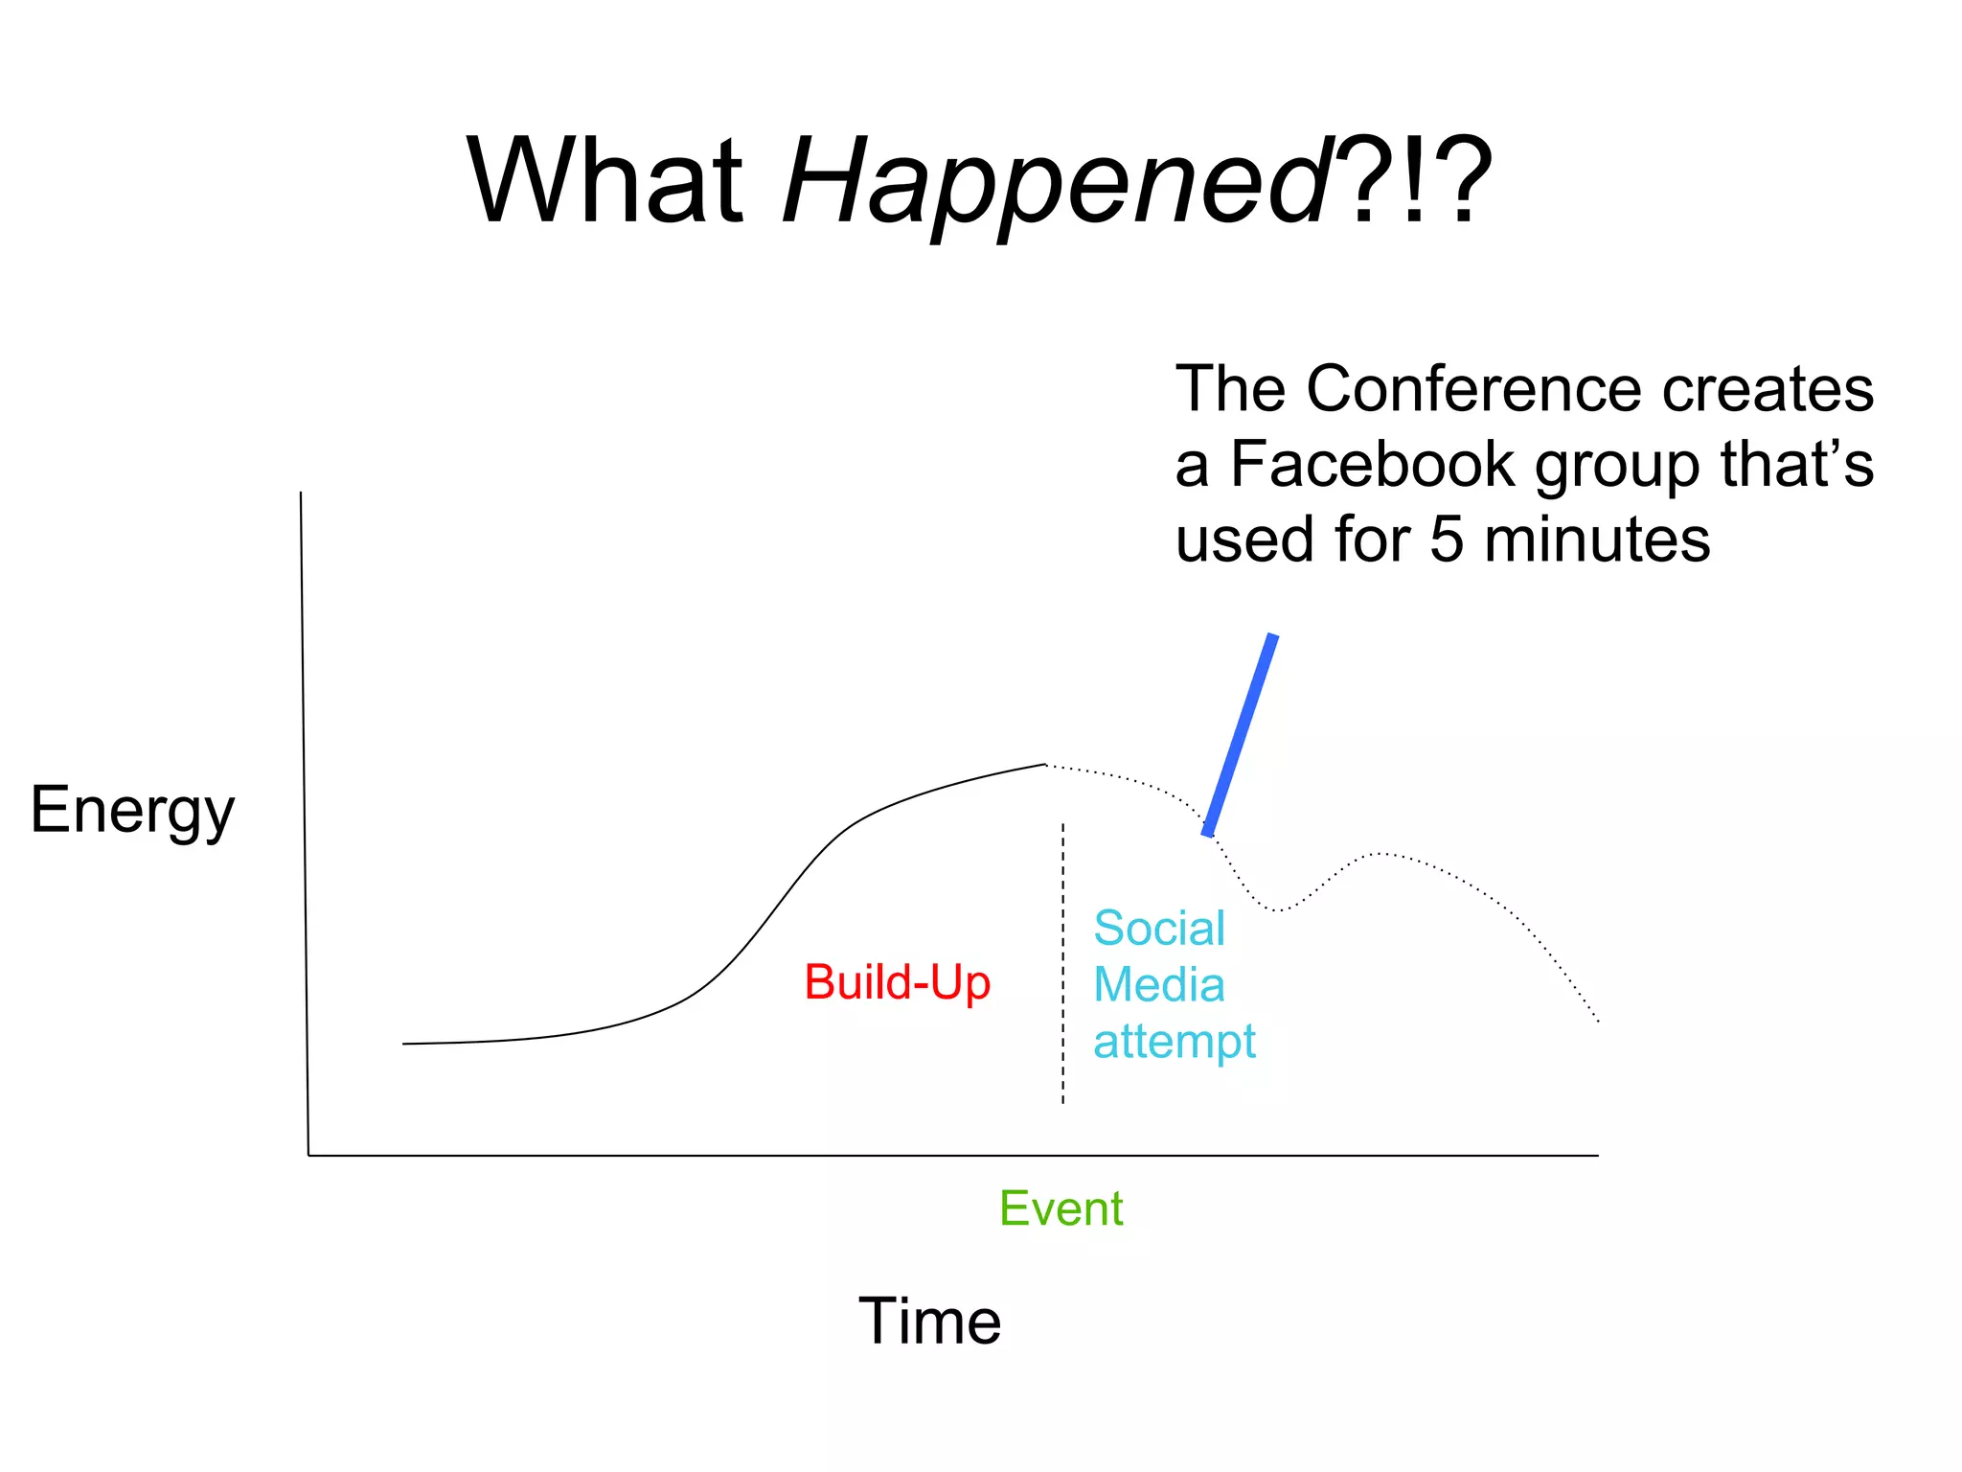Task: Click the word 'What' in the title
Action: point(605,182)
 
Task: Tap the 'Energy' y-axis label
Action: point(132,810)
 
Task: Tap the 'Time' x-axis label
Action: point(929,1321)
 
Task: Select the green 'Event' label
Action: point(1061,1208)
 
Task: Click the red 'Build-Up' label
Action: point(897,982)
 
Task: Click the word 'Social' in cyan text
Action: point(1159,928)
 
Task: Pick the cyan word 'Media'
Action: point(1159,984)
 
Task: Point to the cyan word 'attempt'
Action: point(1175,1042)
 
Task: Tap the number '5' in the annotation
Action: point(1447,540)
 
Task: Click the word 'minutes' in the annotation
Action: point(1597,540)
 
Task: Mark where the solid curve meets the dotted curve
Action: point(1045,765)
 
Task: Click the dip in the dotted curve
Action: point(1277,909)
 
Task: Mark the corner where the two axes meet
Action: point(308,1155)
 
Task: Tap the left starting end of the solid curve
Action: point(404,1044)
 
